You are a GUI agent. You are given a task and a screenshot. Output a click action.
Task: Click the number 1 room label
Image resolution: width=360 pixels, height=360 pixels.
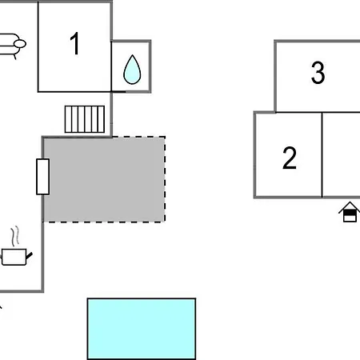74,43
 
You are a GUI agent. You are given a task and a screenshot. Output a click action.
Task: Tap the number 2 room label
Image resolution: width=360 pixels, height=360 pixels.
290,158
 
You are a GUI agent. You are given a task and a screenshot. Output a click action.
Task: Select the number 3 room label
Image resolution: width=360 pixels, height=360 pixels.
318,73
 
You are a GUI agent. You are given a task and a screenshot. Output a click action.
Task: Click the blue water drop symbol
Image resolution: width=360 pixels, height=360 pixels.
132,70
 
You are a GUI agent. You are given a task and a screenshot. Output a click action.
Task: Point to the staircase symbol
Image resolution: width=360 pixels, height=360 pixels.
85,119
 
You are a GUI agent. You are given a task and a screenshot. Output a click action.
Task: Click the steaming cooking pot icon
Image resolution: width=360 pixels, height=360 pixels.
15,246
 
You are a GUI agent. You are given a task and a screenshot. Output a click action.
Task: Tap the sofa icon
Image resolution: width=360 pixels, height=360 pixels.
12,46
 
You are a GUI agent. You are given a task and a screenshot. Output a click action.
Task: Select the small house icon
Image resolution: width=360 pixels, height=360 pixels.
350,212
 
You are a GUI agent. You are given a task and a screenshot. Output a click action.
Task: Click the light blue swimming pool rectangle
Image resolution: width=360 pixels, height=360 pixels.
142,329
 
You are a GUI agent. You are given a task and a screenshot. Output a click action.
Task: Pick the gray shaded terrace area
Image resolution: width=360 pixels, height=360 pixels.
104,179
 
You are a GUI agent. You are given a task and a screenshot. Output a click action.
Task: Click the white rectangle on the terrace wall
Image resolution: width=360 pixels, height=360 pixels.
42,177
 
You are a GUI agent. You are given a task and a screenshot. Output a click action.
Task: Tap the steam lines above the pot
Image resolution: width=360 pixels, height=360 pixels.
15,236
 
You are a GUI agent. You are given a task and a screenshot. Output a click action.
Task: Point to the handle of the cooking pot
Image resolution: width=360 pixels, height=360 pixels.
29,256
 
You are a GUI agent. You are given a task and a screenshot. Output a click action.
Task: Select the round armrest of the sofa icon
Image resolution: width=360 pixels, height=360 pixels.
20,43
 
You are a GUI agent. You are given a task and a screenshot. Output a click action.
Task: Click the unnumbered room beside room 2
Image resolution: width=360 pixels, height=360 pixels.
341,154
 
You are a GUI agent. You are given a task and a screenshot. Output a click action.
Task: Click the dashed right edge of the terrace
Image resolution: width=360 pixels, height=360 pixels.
165,179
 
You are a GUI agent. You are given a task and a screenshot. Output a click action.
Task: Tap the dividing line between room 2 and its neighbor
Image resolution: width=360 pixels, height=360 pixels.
322,154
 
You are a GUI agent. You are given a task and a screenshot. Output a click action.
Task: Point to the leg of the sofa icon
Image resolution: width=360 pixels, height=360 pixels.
15,57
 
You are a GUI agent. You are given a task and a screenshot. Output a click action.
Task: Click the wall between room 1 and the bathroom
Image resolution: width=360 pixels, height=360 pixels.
111,66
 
